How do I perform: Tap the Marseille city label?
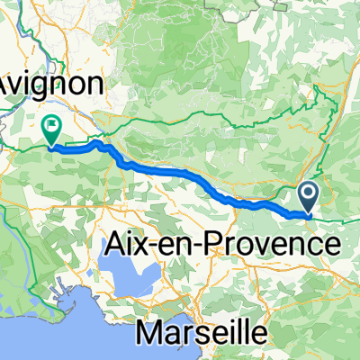[x=202, y=332]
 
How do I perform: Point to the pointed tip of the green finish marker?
[x=52, y=144]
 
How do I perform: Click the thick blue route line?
[x=180, y=173]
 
